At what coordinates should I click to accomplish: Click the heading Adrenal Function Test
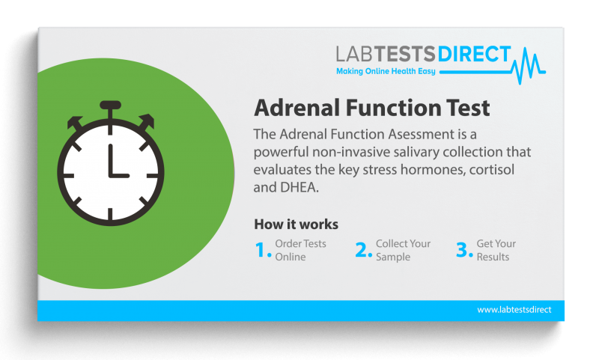click(372, 108)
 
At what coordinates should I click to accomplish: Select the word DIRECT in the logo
click(473, 55)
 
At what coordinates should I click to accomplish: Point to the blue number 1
click(262, 251)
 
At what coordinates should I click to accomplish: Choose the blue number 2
click(363, 251)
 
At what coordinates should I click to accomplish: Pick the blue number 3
click(464, 251)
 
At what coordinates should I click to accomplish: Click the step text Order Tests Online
click(299, 250)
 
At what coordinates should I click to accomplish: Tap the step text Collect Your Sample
click(403, 250)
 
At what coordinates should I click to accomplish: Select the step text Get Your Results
click(496, 250)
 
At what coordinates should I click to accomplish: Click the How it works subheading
click(296, 224)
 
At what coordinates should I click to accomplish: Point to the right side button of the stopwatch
click(146, 120)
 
